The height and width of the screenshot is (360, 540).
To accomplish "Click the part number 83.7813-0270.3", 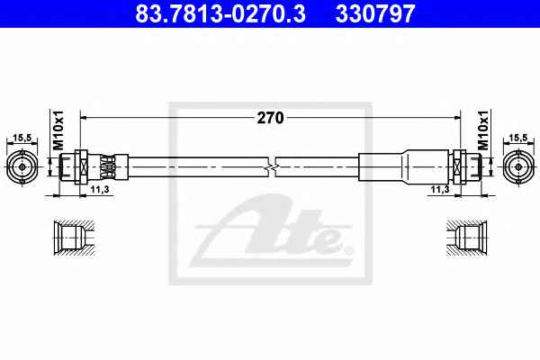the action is coord(220,13).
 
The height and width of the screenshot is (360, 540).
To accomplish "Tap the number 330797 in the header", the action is coord(375,13).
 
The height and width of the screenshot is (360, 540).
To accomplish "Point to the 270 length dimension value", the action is coord(270,118).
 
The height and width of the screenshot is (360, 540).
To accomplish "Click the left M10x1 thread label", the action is coord(58,130).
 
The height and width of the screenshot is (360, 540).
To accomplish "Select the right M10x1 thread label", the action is coord(483,130).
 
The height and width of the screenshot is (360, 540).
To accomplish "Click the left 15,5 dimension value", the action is coord(22,138).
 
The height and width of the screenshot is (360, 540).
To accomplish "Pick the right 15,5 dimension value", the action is coord(518,138).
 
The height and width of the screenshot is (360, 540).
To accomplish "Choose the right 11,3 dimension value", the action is coord(440,189).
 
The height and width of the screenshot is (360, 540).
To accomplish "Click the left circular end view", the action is coord(22,167).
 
